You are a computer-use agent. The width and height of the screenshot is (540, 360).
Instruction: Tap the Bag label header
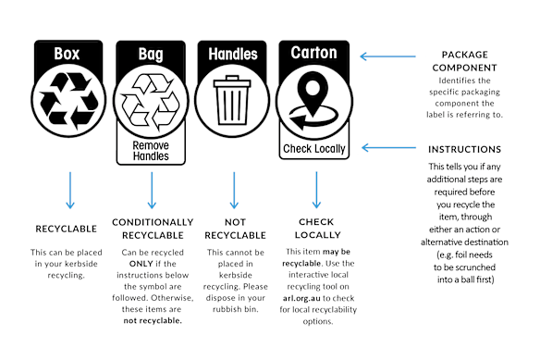point(151,55)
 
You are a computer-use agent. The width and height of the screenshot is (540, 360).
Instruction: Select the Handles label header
point(234,55)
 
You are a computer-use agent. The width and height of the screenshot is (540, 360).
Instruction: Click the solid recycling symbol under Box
point(67,98)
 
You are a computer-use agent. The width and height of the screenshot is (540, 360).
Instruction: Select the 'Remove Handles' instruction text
point(151,151)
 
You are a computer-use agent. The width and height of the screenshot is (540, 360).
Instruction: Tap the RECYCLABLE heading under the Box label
point(67,228)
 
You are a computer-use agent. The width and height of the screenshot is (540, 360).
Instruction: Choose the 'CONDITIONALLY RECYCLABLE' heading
point(153,229)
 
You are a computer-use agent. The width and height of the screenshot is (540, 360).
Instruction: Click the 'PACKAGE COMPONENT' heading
point(464,61)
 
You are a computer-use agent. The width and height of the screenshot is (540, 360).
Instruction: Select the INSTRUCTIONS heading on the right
point(464,149)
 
